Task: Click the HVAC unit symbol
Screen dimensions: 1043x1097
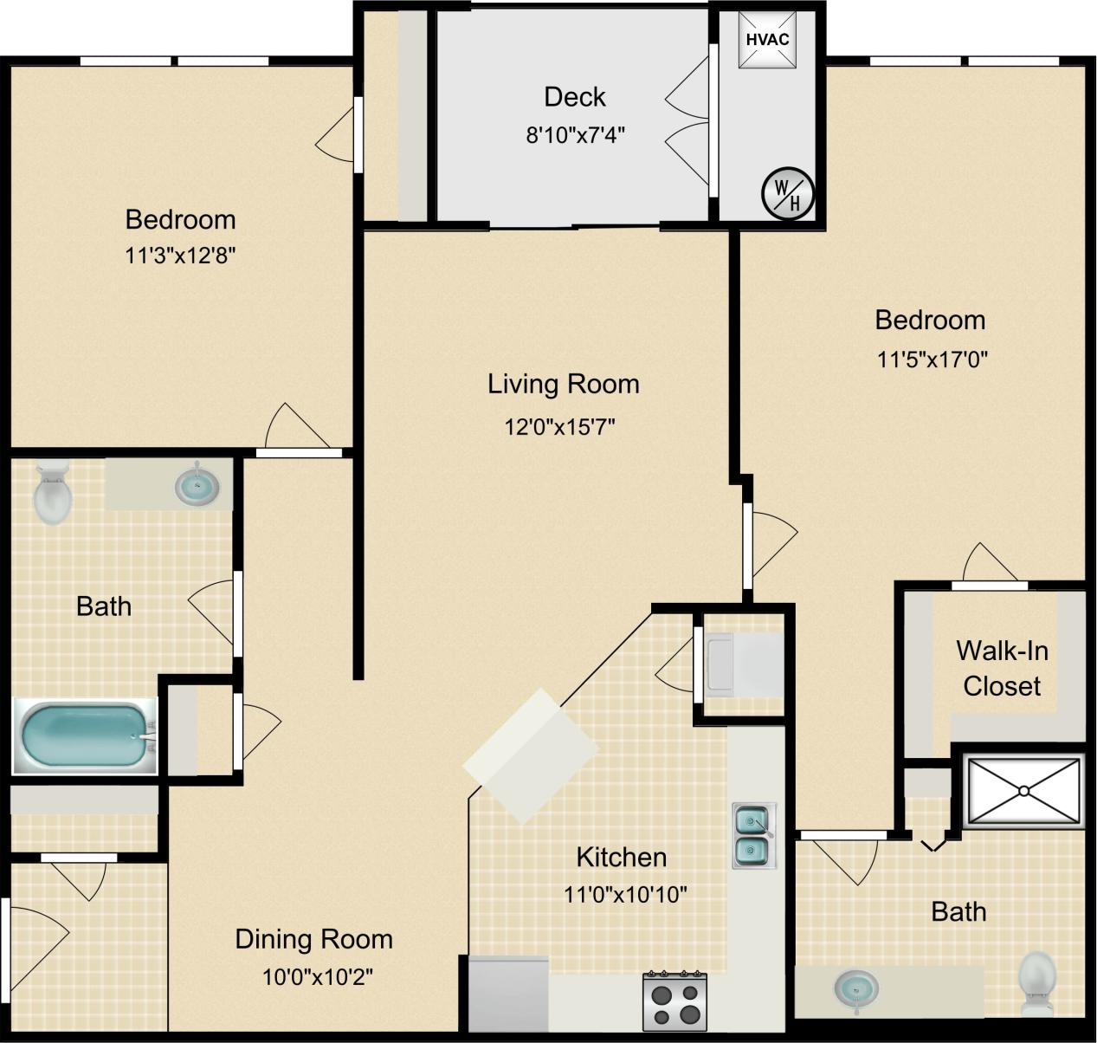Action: pyautogui.click(x=768, y=40)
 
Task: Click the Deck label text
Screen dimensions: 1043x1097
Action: pyautogui.click(x=575, y=97)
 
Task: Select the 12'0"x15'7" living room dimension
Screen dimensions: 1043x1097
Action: pyautogui.click(x=560, y=426)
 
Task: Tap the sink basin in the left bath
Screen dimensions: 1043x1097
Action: pyautogui.click(x=197, y=487)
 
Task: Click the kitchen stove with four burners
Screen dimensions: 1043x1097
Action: pyautogui.click(x=675, y=1001)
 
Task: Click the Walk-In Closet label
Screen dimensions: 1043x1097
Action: pyautogui.click(x=1002, y=668)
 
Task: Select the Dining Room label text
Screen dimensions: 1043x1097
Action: pyautogui.click(x=313, y=939)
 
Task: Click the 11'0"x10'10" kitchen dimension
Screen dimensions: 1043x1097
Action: pyautogui.click(x=626, y=894)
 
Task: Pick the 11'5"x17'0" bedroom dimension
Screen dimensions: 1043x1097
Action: pyautogui.click(x=932, y=359)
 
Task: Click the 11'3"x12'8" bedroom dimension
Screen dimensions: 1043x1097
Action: pyautogui.click(x=181, y=256)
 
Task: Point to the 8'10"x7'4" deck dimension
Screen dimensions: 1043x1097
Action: pyautogui.click(x=575, y=135)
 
